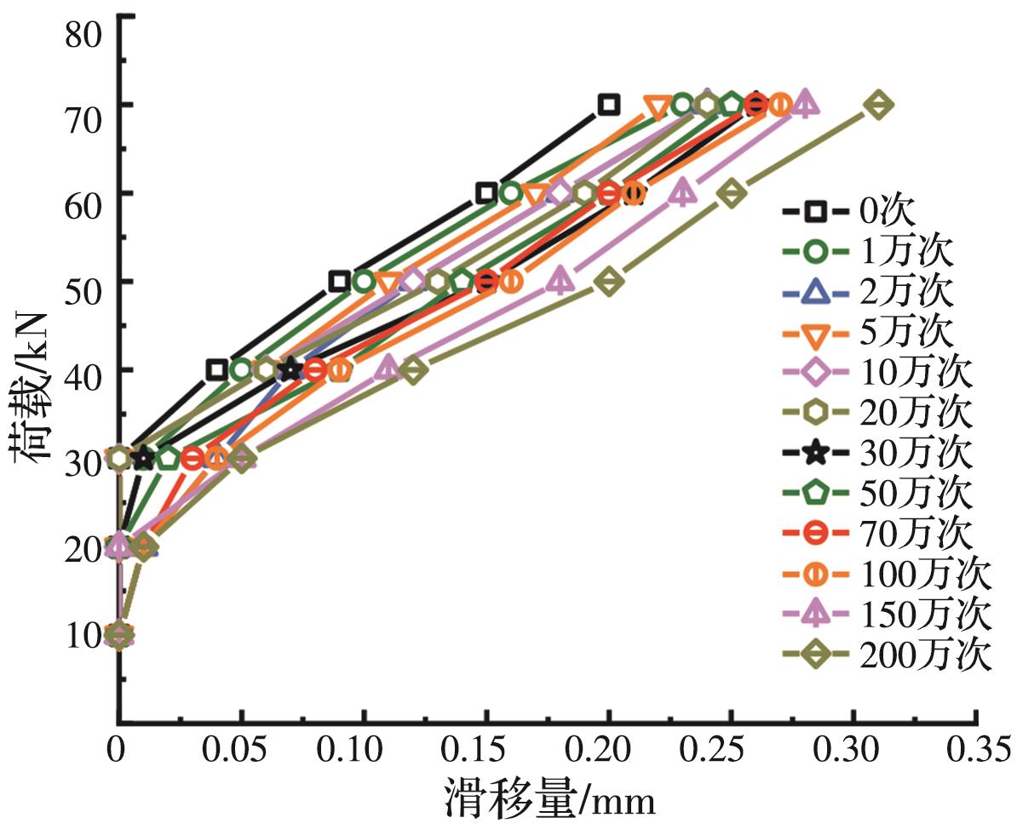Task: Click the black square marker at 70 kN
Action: pyautogui.click(x=608, y=105)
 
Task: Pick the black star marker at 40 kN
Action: pyautogui.click(x=291, y=369)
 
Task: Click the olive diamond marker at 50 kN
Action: pyautogui.click(x=608, y=281)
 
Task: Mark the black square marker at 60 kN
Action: pyautogui.click(x=486, y=193)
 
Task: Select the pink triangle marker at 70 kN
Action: pyautogui.click(x=806, y=104)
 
